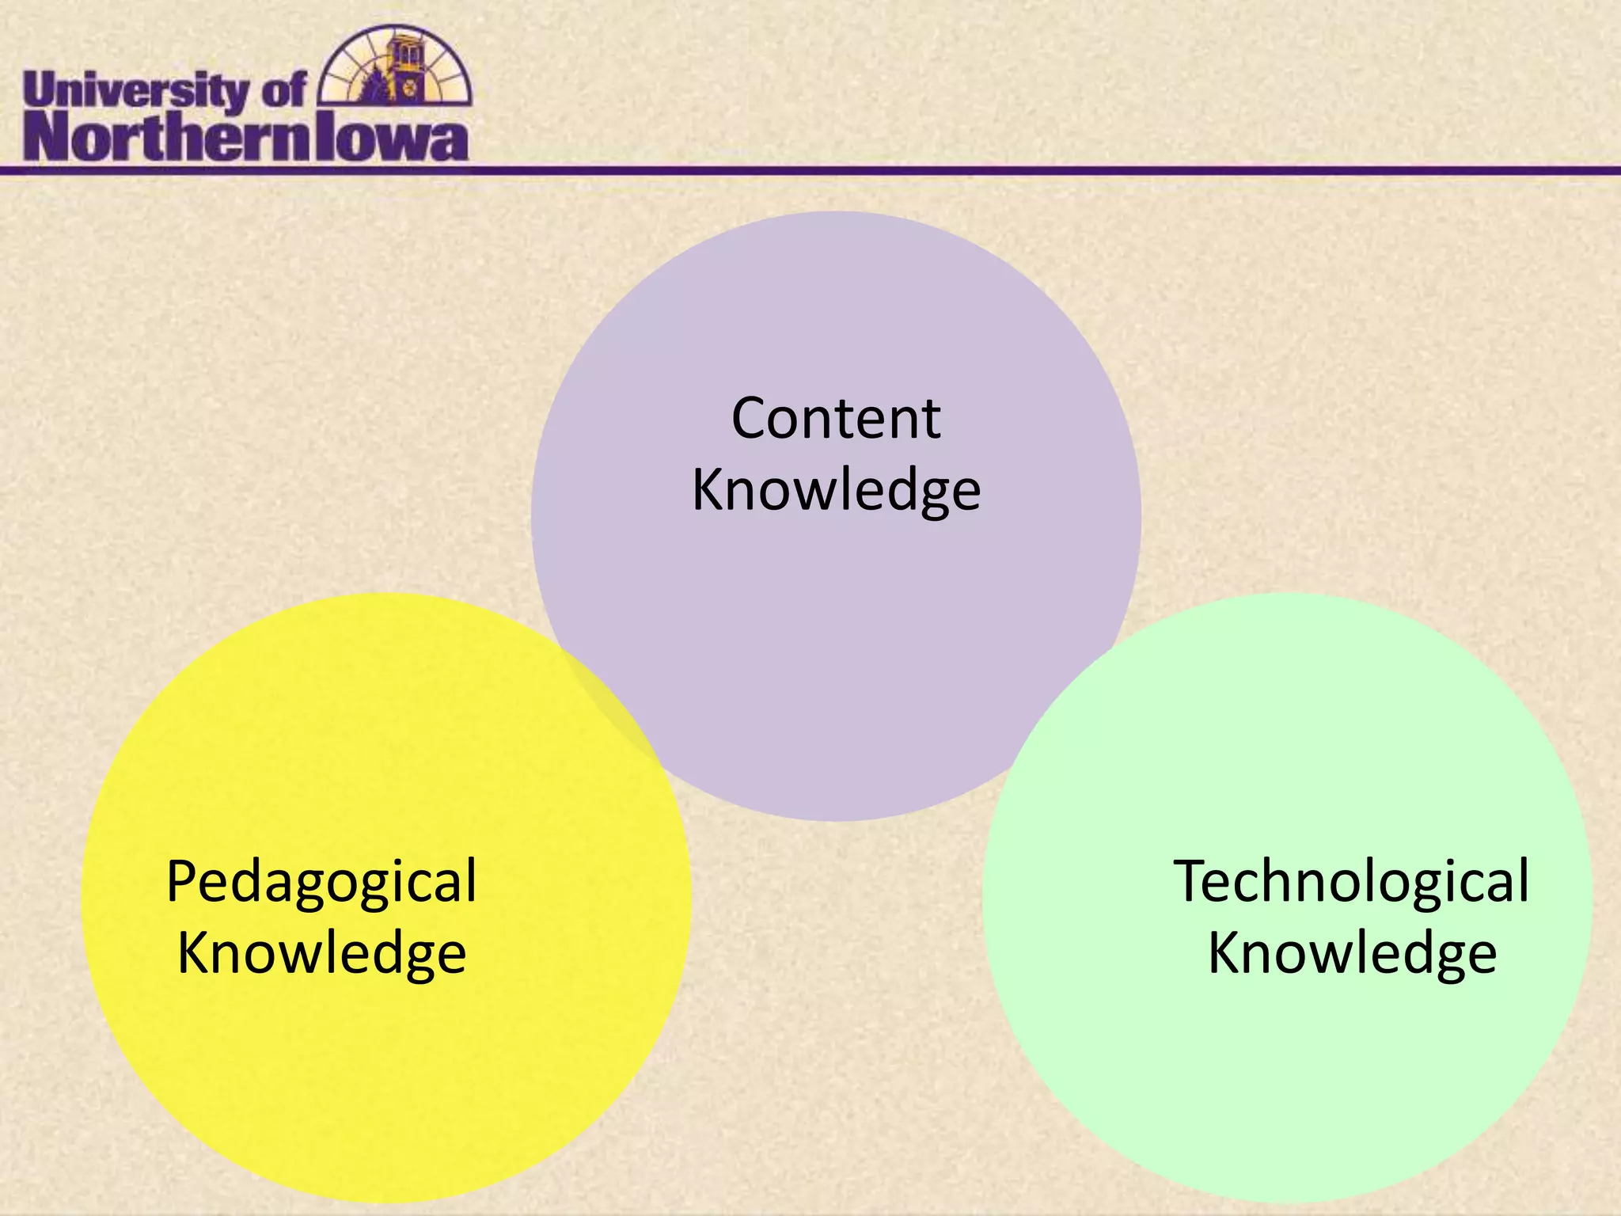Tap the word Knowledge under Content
[836, 491]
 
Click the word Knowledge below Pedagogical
[321, 953]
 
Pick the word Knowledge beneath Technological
[1352, 953]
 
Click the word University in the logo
[135, 92]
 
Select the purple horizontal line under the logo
[950, 170]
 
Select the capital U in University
[40, 90]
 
